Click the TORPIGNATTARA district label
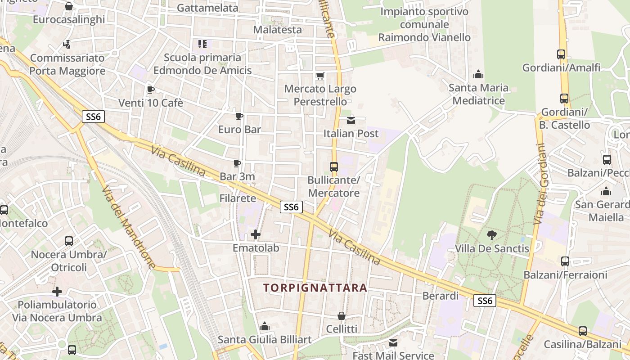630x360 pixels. point(315,288)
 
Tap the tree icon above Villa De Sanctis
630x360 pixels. point(491,235)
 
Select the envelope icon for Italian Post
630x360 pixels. point(351,120)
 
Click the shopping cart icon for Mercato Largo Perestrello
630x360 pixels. point(320,76)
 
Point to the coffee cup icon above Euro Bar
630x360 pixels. point(239,116)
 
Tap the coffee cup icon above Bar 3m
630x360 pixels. point(237,163)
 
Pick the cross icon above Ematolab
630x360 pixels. point(256,234)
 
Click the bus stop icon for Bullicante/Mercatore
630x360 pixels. point(333,166)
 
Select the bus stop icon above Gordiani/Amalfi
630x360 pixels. point(561,54)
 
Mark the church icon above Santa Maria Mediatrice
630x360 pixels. point(478,74)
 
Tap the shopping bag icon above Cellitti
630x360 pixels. point(342,316)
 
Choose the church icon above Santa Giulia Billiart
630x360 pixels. point(265,326)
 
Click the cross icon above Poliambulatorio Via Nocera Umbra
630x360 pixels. point(57,291)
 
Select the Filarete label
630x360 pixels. point(238,198)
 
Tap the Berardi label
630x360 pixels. point(441,296)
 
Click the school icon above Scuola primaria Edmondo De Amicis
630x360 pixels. point(202,44)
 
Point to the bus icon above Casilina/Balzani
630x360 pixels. point(583,331)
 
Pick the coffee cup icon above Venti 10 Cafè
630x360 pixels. point(150,90)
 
